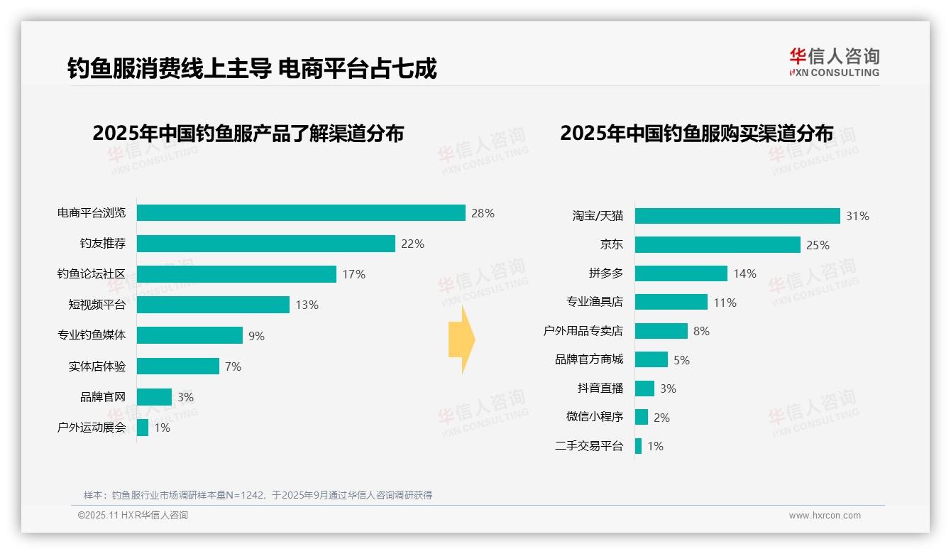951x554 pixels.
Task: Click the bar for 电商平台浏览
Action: click(301, 213)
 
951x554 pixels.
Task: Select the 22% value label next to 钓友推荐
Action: click(412, 244)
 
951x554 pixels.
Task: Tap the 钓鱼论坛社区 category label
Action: click(92, 274)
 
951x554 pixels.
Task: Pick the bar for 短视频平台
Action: click(213, 305)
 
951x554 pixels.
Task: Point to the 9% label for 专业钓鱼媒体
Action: click(256, 336)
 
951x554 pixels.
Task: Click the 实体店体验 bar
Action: click(177, 366)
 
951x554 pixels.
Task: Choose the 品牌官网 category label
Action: click(103, 397)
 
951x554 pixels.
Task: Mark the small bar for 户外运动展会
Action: click(143, 428)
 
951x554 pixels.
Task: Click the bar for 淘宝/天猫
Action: click(737, 216)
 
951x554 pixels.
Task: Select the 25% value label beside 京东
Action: click(818, 245)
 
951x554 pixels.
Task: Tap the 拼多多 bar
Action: click(681, 273)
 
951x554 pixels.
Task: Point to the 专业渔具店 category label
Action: click(595, 302)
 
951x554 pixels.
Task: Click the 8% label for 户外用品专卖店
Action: click(701, 331)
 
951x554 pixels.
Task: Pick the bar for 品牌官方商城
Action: click(652, 359)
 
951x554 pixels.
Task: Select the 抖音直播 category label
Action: click(600, 389)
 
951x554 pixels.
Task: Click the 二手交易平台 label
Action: click(589, 446)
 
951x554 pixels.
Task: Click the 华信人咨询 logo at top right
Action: click(834, 63)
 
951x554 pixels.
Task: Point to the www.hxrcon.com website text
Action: click(825, 516)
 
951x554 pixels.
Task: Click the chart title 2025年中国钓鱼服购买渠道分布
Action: click(696, 134)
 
